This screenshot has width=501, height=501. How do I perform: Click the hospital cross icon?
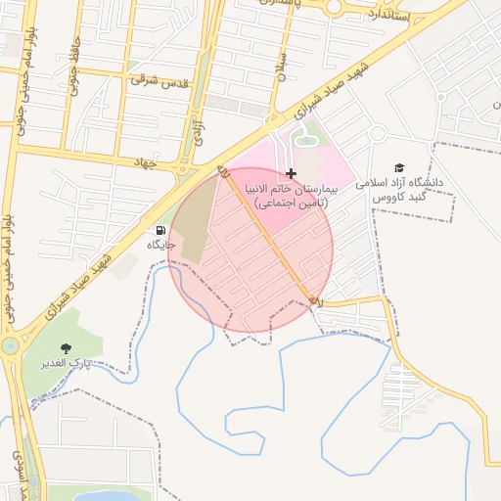click(291, 172)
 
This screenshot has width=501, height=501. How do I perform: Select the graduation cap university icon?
click(398, 168)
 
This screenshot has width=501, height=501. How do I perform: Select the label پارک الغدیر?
click(66, 363)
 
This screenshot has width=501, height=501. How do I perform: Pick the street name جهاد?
click(147, 161)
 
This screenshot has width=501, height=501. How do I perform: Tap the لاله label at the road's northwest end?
click(222, 172)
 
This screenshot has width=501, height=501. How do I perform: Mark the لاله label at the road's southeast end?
click(315, 302)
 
